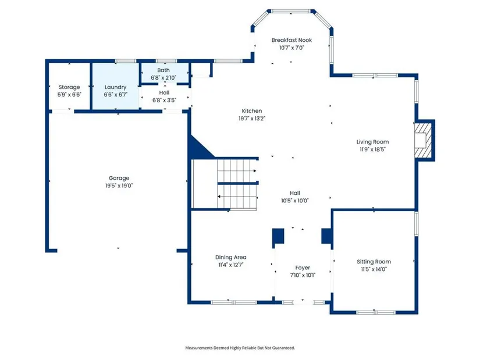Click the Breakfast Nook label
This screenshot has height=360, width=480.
coord(291,40)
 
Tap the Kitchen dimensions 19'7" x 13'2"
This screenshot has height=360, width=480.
coord(251,119)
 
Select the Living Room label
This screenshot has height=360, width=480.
coord(372,142)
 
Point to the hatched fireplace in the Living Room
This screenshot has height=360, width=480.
coord(423,140)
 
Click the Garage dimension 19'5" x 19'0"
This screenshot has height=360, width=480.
coord(119,186)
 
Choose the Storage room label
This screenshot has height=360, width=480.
coord(69,87)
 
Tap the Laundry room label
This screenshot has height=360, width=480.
coord(115,87)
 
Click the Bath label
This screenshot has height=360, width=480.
coord(163,70)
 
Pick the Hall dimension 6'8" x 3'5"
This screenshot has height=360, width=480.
coord(164,100)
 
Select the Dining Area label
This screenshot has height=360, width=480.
coord(230,258)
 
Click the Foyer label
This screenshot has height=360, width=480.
coord(303,268)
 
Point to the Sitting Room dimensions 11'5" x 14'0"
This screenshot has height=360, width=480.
coord(374,269)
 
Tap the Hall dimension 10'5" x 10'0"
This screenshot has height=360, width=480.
coord(295,201)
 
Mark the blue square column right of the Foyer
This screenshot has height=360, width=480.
coord(326,236)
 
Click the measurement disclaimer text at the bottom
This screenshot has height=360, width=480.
coord(240,348)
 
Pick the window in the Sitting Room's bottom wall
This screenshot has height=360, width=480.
coord(376,312)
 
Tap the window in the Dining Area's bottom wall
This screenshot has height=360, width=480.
coord(233,302)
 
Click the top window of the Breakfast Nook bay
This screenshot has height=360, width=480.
coord(291,11)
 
